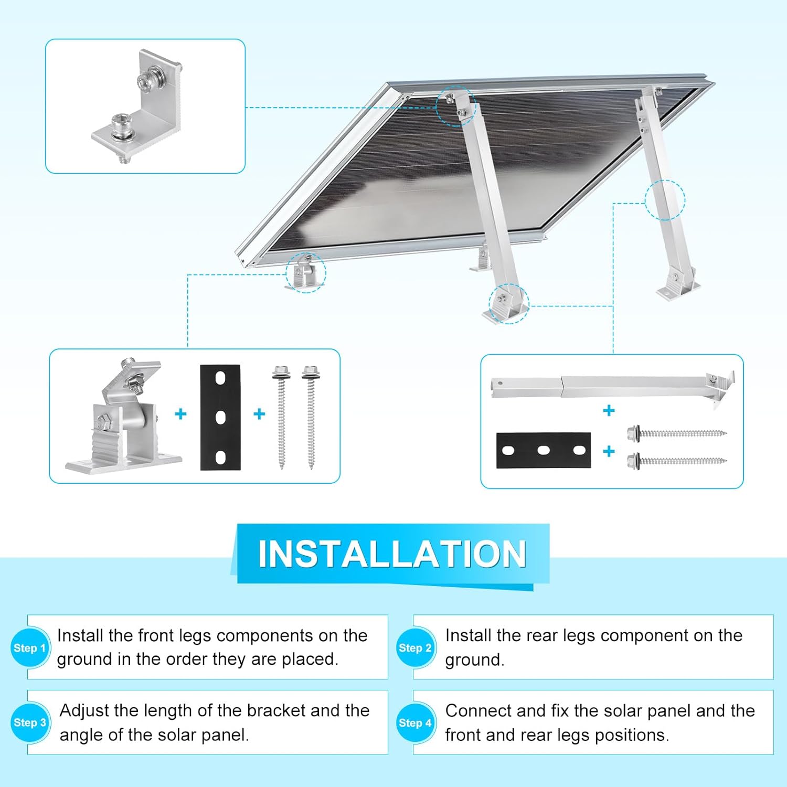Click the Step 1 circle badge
point(29,648)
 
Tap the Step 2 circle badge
point(415,648)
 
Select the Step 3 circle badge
point(29,722)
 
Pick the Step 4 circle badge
point(415,723)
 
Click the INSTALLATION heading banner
point(392,554)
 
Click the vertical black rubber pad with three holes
point(220,417)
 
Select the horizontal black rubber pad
point(544,450)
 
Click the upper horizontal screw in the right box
point(677,433)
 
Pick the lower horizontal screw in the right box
point(677,462)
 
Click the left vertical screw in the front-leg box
point(281,417)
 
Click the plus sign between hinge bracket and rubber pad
point(180,414)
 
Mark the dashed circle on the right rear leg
point(665,200)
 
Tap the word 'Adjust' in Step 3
point(84,711)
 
